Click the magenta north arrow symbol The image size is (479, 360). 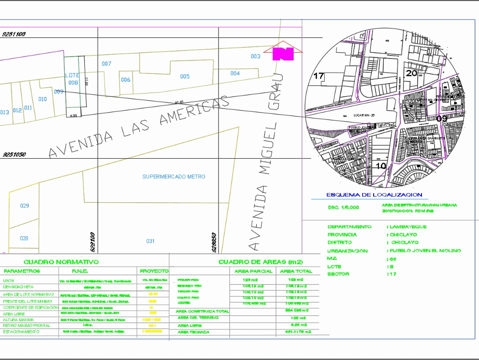pyautogui.click(x=283, y=53)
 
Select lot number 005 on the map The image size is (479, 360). pyautogui.click(x=184, y=76)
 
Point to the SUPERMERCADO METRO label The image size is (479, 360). pyautogui.click(x=174, y=177)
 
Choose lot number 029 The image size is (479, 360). pyautogui.click(x=24, y=206)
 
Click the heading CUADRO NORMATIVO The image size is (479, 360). pyautogui.click(x=61, y=262)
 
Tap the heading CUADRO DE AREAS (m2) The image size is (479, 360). pyautogui.click(x=261, y=262)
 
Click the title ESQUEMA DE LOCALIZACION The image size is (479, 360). pyautogui.click(x=374, y=195)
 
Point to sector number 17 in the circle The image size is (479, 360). pyautogui.click(x=319, y=76)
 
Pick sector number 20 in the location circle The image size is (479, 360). pyautogui.click(x=411, y=73)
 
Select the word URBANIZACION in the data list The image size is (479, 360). pyautogui.click(x=347, y=251)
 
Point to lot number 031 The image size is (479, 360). pyautogui.click(x=150, y=241)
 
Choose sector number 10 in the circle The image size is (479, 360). pyautogui.click(x=381, y=166)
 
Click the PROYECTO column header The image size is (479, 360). pyautogui.click(x=153, y=271)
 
